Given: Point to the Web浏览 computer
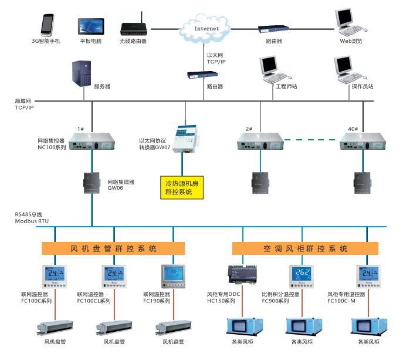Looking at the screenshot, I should [x=351, y=22].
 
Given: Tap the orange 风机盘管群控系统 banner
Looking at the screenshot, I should [x=113, y=248].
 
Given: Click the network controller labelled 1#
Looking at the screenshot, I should [x=92, y=141].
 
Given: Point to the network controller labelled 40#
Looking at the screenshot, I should [x=364, y=141].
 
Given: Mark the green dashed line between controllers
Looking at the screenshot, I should [x=312, y=140].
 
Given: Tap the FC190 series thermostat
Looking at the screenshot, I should [x=173, y=277].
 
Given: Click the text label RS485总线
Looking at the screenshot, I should [x=28, y=214].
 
